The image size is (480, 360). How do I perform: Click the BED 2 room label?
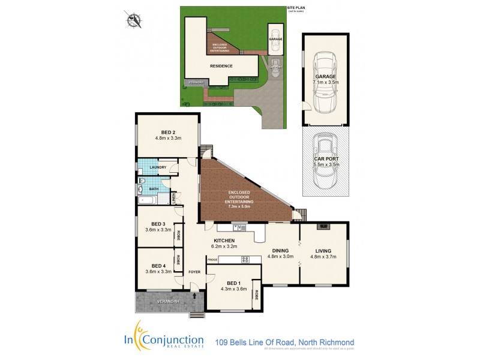(168, 132)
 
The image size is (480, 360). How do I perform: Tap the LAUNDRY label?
(157, 168)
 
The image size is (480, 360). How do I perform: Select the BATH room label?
(154, 189)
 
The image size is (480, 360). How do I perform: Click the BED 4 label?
(158, 266)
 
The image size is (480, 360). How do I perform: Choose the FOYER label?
(194, 272)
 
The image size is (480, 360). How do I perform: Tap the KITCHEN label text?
(222, 240)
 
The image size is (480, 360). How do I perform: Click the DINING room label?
(280, 250)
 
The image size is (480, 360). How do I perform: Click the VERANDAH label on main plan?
(153, 301)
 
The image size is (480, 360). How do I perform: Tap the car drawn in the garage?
(325, 82)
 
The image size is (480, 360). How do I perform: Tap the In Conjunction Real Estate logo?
(168, 340)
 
